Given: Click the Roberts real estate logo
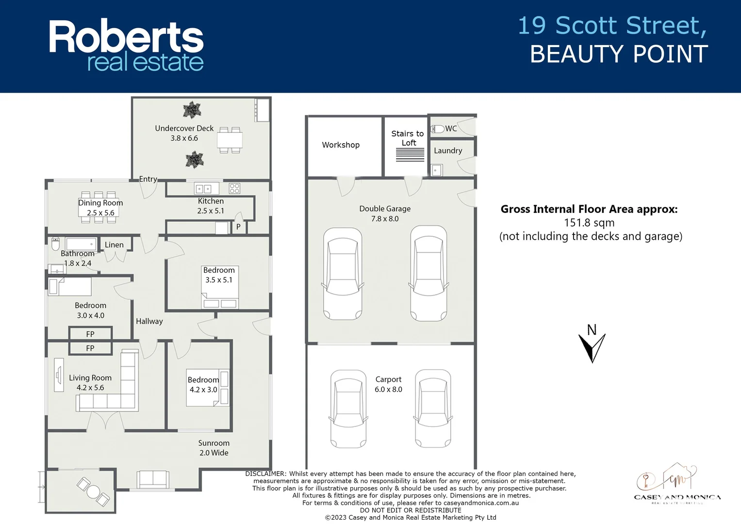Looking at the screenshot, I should (x=126, y=46).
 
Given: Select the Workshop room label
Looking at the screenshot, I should (x=341, y=145).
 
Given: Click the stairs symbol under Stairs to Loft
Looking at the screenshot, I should (x=410, y=155).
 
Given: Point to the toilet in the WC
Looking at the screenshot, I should (x=438, y=129).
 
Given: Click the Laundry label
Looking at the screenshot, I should (x=448, y=151).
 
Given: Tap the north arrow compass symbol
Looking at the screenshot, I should (x=592, y=345).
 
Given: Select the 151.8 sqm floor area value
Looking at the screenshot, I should (x=589, y=223).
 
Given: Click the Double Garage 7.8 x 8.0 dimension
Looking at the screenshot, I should (x=385, y=219).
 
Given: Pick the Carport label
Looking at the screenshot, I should (x=388, y=379).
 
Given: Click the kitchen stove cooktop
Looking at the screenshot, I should (x=234, y=188).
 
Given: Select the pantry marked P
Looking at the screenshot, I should (x=238, y=227).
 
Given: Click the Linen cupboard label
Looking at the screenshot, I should (x=114, y=245).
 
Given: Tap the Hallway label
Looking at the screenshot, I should (x=149, y=321).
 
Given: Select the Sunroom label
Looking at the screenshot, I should (x=214, y=443).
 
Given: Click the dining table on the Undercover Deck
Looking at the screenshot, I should (x=230, y=141).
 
